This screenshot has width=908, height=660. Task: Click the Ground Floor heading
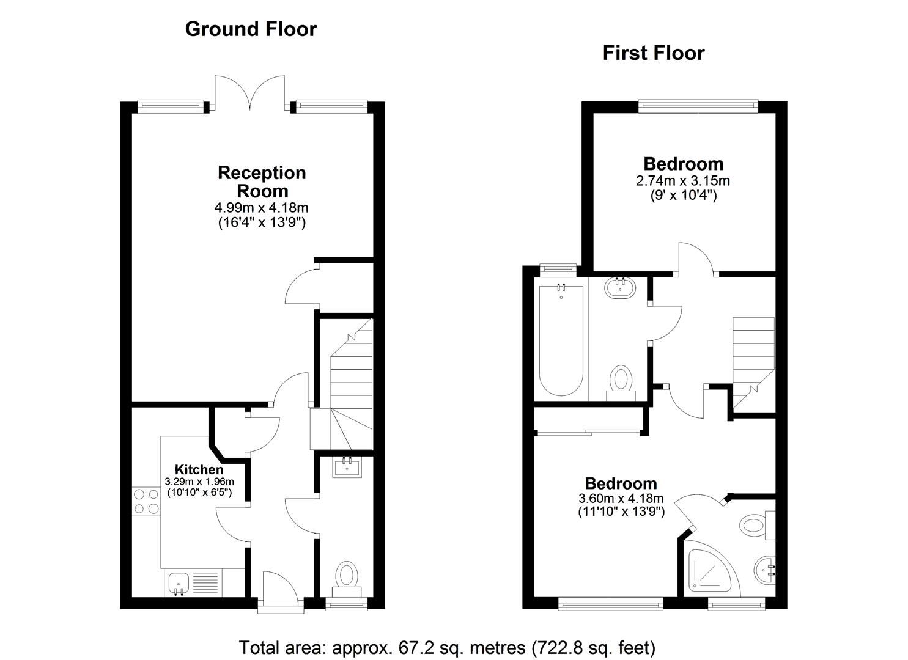[x=251, y=29]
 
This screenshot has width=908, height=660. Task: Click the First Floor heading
[x=653, y=53]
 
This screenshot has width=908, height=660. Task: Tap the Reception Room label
[x=262, y=182]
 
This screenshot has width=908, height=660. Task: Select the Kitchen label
[x=199, y=469]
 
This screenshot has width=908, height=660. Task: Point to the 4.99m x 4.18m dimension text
[x=262, y=208]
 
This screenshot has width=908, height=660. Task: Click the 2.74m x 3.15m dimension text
[x=683, y=181]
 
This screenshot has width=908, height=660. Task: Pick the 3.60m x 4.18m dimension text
[x=621, y=498]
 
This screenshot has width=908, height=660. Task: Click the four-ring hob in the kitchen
[x=146, y=501]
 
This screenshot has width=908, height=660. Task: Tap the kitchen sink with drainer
[x=191, y=582]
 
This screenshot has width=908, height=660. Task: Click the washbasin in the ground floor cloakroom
[x=347, y=467]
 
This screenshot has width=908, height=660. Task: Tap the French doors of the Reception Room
[x=249, y=94]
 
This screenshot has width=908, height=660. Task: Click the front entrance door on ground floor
[x=280, y=592]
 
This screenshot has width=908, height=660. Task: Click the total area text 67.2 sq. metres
[x=446, y=647]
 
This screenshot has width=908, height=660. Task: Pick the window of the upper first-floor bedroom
[x=698, y=106]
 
